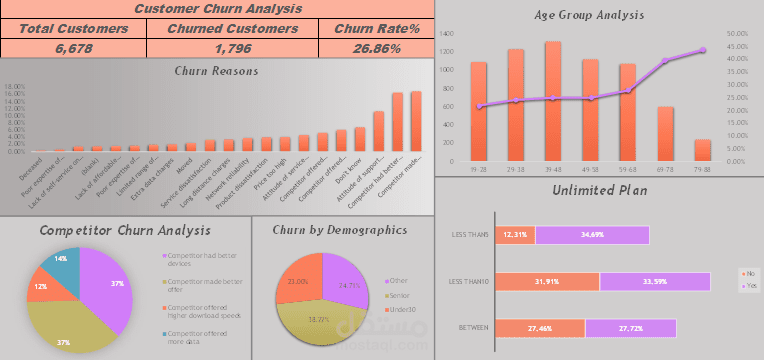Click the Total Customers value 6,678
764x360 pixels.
coord(73,48)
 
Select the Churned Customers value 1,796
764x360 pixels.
coord(232,48)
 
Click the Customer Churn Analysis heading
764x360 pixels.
coord(217,9)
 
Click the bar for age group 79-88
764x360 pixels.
coord(703,151)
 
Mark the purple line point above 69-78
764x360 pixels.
coord(666,61)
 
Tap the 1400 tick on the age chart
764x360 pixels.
coord(447,33)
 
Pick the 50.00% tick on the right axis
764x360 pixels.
coord(737,33)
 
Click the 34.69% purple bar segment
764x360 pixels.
coord(592,235)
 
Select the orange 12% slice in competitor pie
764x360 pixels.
coord(40,290)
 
